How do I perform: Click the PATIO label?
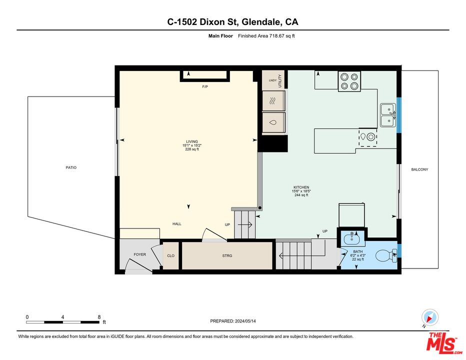click(x=71, y=167)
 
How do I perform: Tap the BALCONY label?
click(x=419, y=169)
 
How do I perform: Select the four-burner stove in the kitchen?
click(x=349, y=81)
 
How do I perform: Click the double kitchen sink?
click(x=387, y=115)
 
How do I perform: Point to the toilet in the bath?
click(x=386, y=256)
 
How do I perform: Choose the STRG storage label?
click(x=227, y=255)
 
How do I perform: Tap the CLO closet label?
click(x=170, y=255)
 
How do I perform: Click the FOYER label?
click(x=139, y=254)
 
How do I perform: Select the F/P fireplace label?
click(x=205, y=87)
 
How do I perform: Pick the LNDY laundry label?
click(x=272, y=80)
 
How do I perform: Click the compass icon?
click(x=429, y=317)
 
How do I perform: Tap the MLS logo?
click(x=441, y=342)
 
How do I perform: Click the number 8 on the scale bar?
click(x=99, y=317)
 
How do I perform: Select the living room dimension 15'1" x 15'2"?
click(x=191, y=145)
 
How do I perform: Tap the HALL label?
click(x=177, y=223)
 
